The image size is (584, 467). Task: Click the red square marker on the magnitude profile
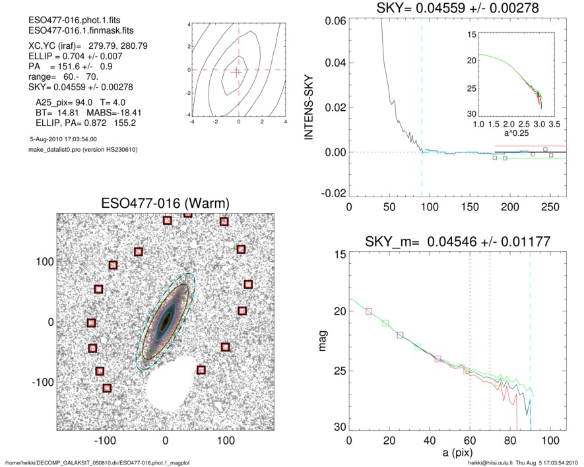(369, 311)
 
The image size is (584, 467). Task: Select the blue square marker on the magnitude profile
(400, 335)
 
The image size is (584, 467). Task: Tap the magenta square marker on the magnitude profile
(438, 359)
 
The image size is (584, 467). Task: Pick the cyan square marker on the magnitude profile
(418, 347)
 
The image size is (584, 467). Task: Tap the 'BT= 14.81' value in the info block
(54, 113)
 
